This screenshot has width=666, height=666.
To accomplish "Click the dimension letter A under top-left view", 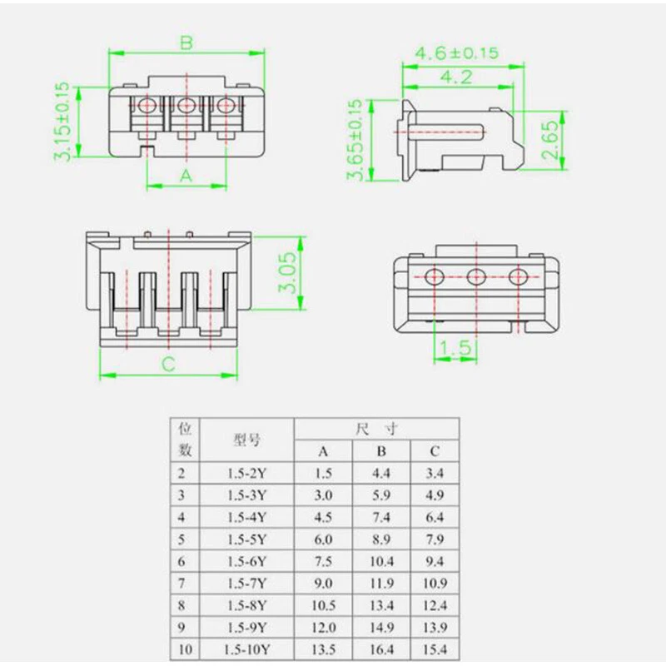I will pyautogui.click(x=186, y=175).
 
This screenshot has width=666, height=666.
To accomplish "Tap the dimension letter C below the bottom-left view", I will pyautogui.click(x=167, y=363).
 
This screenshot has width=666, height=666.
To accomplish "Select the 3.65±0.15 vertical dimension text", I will pyautogui.click(x=355, y=139).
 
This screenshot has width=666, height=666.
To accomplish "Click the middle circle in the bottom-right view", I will pyautogui.click(x=476, y=277).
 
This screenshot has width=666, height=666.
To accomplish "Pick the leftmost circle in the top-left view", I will pyautogui.click(x=148, y=106).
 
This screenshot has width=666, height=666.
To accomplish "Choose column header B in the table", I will pyautogui.click(x=382, y=451).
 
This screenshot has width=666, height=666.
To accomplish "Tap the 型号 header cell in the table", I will pyautogui.click(x=246, y=440).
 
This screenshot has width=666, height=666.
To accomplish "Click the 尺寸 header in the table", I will pyautogui.click(x=376, y=429).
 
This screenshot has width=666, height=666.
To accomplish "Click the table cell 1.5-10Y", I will pyautogui.click(x=246, y=649).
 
